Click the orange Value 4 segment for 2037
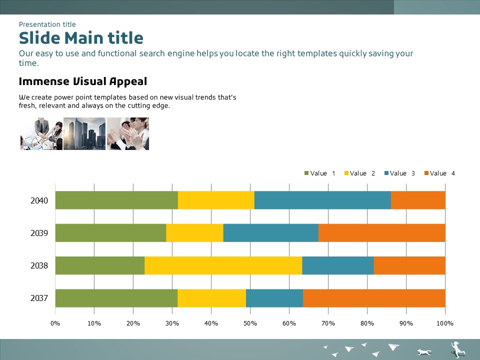(x=374, y=298)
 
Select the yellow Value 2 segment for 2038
(x=223, y=265)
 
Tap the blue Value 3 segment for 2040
(x=322, y=200)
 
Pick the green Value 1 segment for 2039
(x=110, y=233)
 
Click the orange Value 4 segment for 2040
(x=418, y=200)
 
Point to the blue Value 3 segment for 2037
(x=274, y=298)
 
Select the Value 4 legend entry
(x=440, y=173)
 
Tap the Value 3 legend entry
(x=400, y=173)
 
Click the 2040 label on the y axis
(x=39, y=201)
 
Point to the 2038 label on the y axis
(x=39, y=265)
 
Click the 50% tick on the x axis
(x=250, y=323)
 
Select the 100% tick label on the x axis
(x=445, y=323)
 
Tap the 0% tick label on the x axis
(x=55, y=323)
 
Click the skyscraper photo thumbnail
(x=84, y=133)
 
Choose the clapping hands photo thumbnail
(x=128, y=133)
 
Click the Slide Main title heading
(x=81, y=38)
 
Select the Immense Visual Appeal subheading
(x=83, y=81)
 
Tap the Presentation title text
(x=47, y=24)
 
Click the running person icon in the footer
(x=457, y=349)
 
